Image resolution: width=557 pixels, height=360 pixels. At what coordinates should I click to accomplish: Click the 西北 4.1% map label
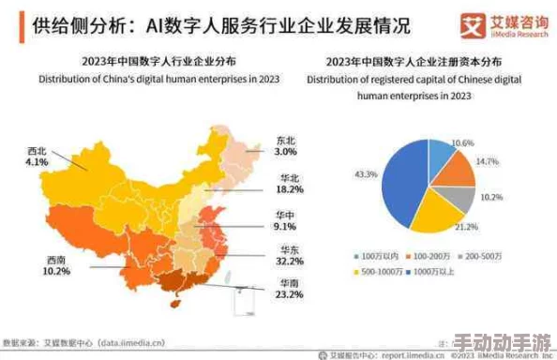38,156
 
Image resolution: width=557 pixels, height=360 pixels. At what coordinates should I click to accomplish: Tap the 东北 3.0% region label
285,145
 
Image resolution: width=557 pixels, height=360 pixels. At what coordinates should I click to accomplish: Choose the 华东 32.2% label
289,256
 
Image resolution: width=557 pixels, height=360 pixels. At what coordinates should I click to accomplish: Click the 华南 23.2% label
288,287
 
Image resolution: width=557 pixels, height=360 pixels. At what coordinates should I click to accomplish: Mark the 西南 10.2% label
56,267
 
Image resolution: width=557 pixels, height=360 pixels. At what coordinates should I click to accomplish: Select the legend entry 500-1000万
379,272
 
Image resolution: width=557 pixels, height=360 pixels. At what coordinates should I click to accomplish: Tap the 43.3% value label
365,175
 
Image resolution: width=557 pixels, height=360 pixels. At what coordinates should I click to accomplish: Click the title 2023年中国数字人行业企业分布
157,64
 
